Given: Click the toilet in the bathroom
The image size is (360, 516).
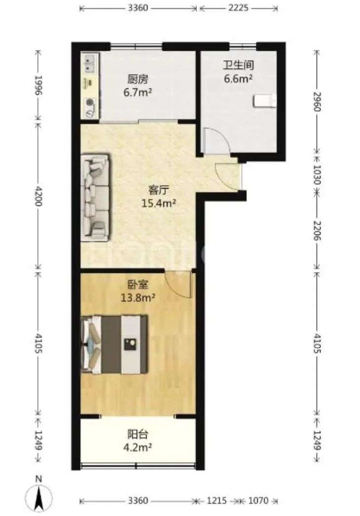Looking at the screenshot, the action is (x=264, y=101).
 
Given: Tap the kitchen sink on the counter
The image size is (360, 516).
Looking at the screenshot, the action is (x=89, y=64).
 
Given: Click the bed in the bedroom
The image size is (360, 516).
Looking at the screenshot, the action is (x=114, y=345).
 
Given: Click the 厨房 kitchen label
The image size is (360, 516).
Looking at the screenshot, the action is (x=138, y=79).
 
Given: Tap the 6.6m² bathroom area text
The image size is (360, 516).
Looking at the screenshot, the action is (x=238, y=79).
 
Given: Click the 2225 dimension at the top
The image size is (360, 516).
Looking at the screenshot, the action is (x=238, y=7).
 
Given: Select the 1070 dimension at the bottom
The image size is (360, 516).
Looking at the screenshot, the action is (x=258, y=501).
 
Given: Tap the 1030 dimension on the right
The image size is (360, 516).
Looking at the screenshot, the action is (x=317, y=174).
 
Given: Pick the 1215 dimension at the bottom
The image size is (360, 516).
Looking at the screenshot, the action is (x=217, y=501).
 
